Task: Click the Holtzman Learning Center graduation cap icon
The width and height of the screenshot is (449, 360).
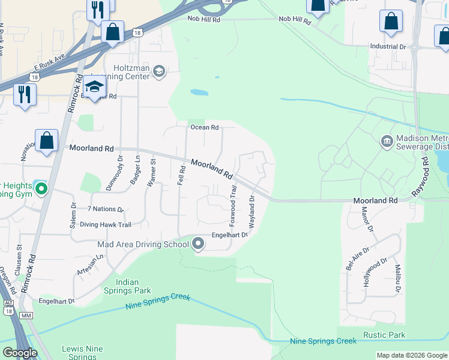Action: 159,72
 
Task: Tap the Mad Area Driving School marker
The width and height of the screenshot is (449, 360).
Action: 198,244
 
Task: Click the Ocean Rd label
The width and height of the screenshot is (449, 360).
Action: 204,127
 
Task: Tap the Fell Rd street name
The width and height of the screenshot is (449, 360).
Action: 180,175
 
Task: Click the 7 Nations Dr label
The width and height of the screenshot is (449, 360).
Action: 105,209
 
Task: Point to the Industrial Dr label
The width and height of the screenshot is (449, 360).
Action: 388,46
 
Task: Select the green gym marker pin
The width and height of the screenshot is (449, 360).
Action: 41,189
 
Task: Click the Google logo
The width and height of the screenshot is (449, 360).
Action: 19,353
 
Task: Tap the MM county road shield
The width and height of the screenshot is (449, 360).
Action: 25,315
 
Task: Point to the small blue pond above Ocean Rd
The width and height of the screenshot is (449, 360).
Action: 199,93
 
